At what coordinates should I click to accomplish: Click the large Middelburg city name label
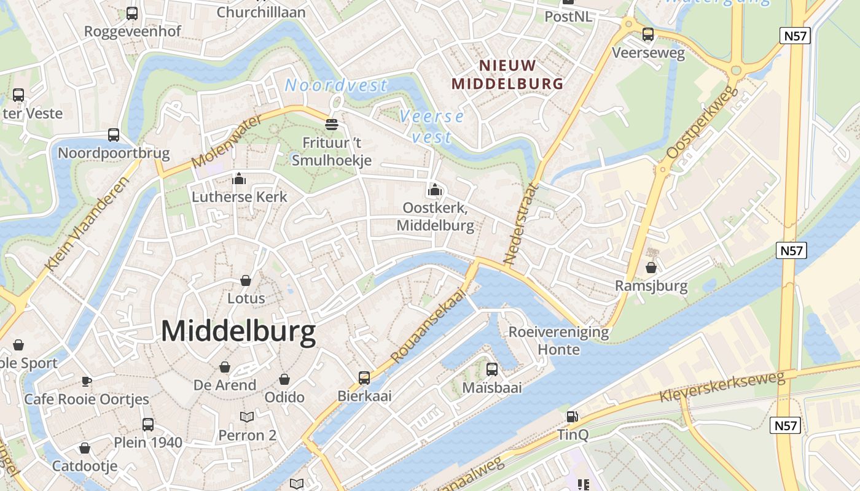point(238,331)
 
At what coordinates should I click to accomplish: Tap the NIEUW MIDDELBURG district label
point(507,74)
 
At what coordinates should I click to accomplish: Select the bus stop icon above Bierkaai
point(364,377)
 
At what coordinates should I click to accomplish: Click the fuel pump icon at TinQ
point(572,417)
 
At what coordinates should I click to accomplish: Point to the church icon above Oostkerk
point(435,190)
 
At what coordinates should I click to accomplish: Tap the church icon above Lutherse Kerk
point(239,179)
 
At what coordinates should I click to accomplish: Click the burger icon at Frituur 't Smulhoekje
point(332,125)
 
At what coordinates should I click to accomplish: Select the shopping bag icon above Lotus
point(246,280)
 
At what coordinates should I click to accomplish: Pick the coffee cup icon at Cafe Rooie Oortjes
point(87,381)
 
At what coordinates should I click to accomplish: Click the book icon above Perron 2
point(247,417)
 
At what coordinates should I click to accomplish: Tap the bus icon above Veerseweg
point(647,34)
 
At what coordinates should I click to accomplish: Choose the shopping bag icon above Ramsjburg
point(651,268)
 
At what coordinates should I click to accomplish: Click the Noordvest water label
point(336,85)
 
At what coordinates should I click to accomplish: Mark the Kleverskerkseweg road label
point(722,387)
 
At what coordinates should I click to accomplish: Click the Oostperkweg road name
point(702,122)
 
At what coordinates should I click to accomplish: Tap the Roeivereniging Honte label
point(558,341)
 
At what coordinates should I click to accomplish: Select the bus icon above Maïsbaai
point(491,369)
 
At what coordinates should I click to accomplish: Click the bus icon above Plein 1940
point(148,424)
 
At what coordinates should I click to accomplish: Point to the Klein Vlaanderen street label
point(87,225)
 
